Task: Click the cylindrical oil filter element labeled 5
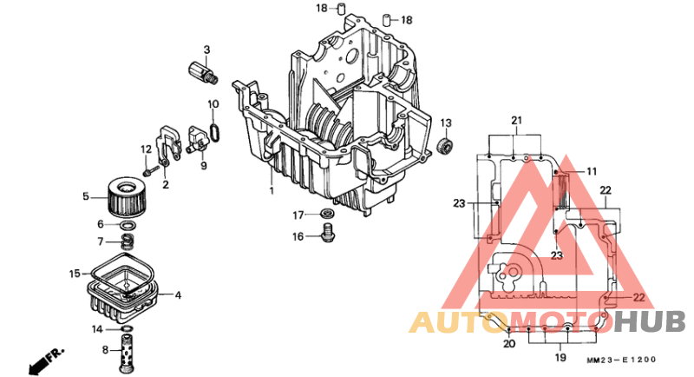[x=128, y=197]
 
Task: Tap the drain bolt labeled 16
[x=328, y=233]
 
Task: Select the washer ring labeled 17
[x=328, y=214]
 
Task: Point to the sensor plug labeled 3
[x=200, y=72]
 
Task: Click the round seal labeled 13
[x=447, y=144]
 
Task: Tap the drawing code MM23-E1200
[x=620, y=360]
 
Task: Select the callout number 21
[x=517, y=120]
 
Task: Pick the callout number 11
[x=592, y=171]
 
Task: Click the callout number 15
[x=75, y=274]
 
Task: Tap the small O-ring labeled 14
[x=127, y=329]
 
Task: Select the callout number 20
[x=508, y=344]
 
